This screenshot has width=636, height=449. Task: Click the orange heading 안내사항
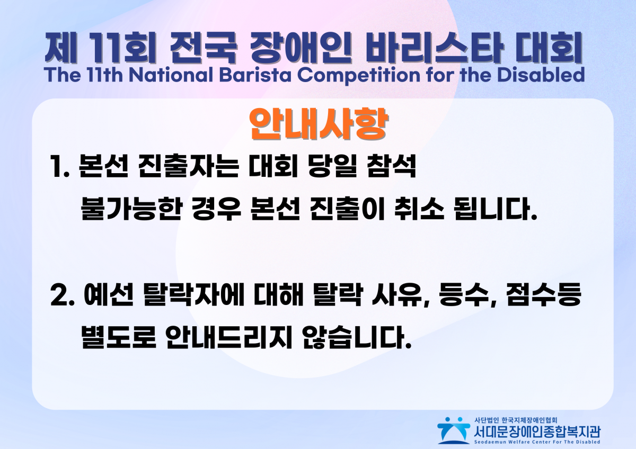319,125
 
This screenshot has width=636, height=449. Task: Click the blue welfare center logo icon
453,430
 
